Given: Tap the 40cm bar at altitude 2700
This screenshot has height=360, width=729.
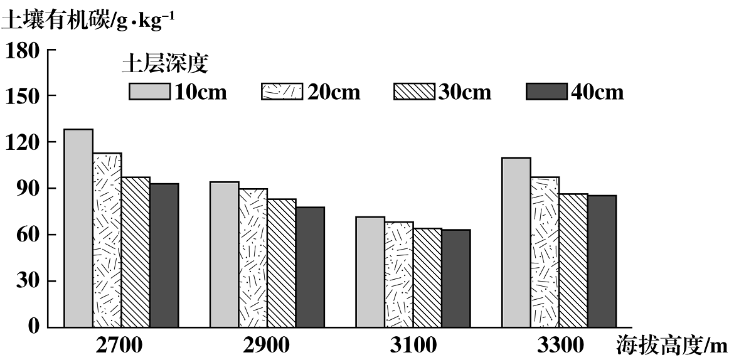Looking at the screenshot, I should click(164, 255).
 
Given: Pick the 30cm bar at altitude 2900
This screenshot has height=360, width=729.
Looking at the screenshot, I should click(282, 263).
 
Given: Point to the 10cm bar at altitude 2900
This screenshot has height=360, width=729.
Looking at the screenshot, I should click(224, 254).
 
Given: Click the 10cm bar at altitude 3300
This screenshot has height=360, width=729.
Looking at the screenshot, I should click(516, 242).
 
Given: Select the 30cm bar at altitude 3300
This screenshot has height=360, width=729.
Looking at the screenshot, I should click(573, 260).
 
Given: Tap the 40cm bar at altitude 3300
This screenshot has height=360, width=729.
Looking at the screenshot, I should click(602, 261).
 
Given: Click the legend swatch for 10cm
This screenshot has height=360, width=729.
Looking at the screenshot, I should click(150, 92).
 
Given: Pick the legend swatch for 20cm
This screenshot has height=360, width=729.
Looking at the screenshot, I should click(282, 92).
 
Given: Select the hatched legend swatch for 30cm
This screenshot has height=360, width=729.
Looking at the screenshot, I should click(414, 92).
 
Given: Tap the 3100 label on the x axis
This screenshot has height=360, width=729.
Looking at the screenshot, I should click(413, 345).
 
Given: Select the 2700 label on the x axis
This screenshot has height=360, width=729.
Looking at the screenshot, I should click(121, 345).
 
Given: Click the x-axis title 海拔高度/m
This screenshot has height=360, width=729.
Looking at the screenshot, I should click(671, 345).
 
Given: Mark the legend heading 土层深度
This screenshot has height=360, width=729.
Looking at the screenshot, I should click(165, 63).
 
